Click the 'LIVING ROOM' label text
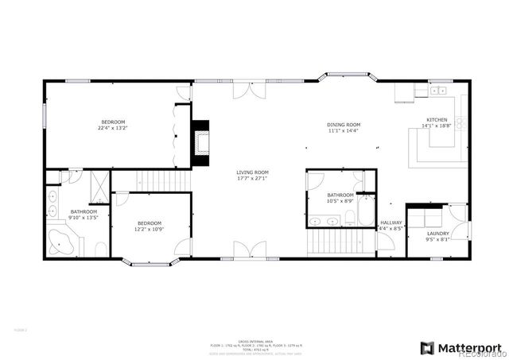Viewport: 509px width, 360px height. tap(252, 172)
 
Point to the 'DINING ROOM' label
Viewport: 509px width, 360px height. tap(344, 125)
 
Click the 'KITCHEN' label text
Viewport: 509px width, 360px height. tap(438, 120)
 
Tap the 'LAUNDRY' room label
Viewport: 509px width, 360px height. tap(437, 234)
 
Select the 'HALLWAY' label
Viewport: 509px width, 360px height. tap(390, 223)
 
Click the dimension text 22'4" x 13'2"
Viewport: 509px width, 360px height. tap(112, 128)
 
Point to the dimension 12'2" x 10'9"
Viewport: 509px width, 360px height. tap(149, 229)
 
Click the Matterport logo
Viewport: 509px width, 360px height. tap(461, 347)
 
